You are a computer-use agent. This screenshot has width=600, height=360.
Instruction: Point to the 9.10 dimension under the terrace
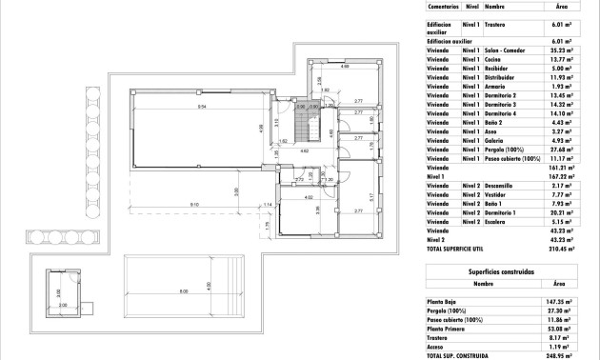pos(194,204)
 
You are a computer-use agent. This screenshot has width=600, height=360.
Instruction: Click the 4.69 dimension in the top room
pos(344,68)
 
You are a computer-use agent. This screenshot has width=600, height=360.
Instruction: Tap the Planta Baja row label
pos(443,299)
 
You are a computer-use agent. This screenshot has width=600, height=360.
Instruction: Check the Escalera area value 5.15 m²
pos(560,220)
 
